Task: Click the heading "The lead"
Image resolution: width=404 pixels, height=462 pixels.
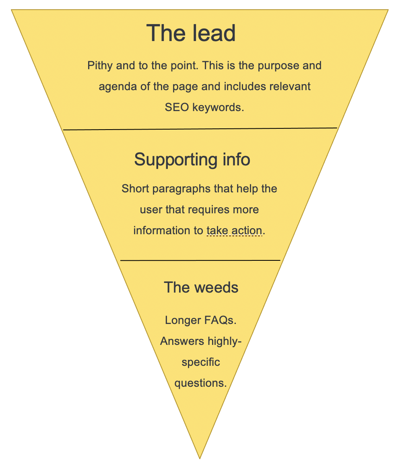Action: coord(191,33)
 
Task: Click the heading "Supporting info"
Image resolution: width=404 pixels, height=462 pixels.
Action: coord(192,159)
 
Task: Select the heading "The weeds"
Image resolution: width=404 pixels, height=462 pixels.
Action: coord(201,287)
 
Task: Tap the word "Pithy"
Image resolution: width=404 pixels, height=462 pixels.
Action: coord(100,66)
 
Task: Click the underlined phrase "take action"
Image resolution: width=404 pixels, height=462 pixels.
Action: coord(234,231)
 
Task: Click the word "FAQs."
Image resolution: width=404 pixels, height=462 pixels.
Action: coord(218,320)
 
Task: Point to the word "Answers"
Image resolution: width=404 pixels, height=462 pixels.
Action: coord(182,341)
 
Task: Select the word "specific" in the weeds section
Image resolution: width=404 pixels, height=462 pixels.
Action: coord(201,362)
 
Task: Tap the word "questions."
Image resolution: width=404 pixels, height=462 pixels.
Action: coord(201,383)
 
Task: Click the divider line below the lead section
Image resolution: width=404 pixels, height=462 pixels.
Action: coord(200,129)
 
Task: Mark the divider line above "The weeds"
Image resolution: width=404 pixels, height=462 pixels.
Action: coord(200,260)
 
